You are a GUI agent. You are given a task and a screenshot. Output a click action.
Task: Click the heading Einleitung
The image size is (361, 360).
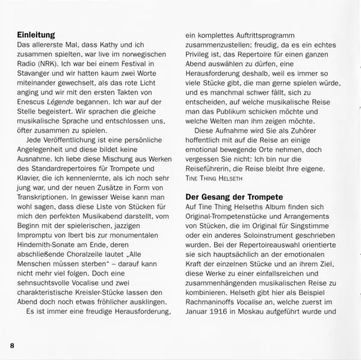pyautogui.click(x=40, y=35)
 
